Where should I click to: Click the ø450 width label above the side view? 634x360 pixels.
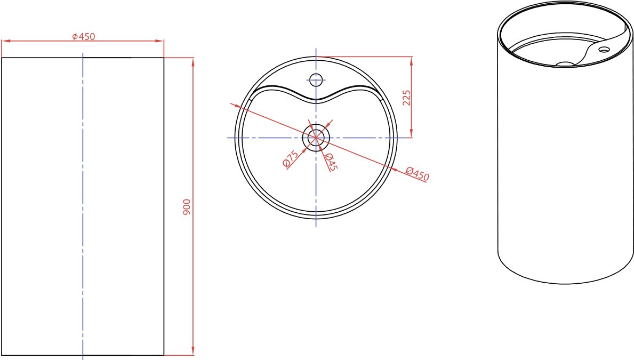(x=84, y=36)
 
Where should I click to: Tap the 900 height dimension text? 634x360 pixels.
(x=187, y=207)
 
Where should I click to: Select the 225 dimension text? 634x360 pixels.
(x=406, y=98)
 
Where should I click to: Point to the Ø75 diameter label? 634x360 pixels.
(x=291, y=158)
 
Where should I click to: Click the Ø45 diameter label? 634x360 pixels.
(x=330, y=162)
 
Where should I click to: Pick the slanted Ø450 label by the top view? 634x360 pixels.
(x=418, y=174)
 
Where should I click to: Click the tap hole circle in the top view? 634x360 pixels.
(x=316, y=79)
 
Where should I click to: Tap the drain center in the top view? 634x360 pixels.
(x=316, y=138)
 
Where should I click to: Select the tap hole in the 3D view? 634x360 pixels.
(x=604, y=50)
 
